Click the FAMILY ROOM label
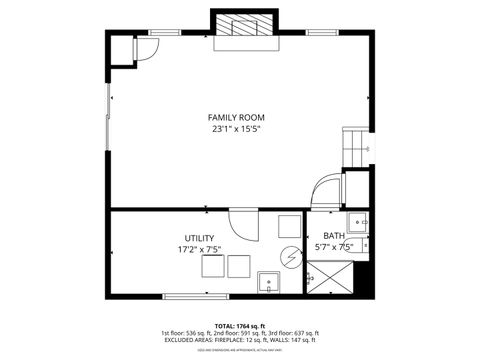point(236,117)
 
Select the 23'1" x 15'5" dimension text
point(236,129)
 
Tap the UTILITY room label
point(199,238)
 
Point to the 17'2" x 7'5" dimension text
point(199,250)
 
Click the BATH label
point(333,236)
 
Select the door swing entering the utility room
point(243,222)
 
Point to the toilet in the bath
point(363,243)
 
